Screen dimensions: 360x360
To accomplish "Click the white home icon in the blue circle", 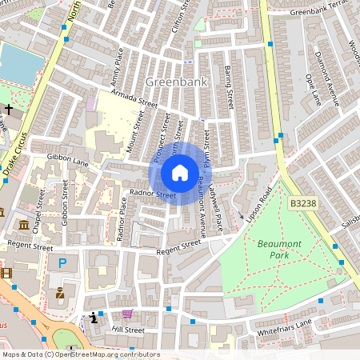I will (x=180, y=172).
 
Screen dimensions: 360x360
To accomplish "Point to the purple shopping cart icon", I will (x=127, y=314).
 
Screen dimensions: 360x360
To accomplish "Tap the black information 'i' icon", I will (x=95, y=317).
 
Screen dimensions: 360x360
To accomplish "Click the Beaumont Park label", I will (x=279, y=248).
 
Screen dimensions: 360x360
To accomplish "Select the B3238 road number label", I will (x=304, y=204).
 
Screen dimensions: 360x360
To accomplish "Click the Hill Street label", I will (x=128, y=330).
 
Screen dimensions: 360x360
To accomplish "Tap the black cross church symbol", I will (x=9, y=107).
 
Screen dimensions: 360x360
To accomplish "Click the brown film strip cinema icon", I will (x=6, y=273).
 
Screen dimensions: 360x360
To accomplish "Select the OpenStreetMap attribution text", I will (x=80, y=354).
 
